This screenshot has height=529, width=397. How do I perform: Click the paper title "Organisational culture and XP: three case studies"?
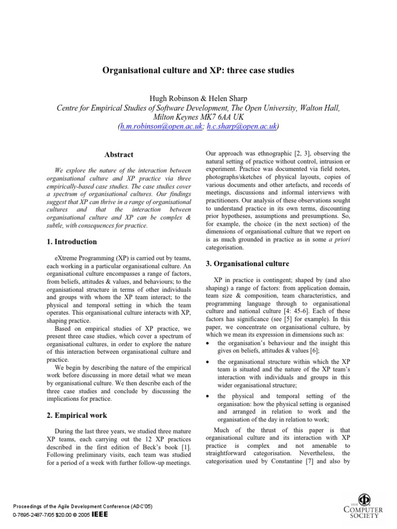coord(198,70)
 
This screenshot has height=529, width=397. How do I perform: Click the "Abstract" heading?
coord(118,154)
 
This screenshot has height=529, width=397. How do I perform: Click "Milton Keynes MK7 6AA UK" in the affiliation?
coord(198,117)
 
